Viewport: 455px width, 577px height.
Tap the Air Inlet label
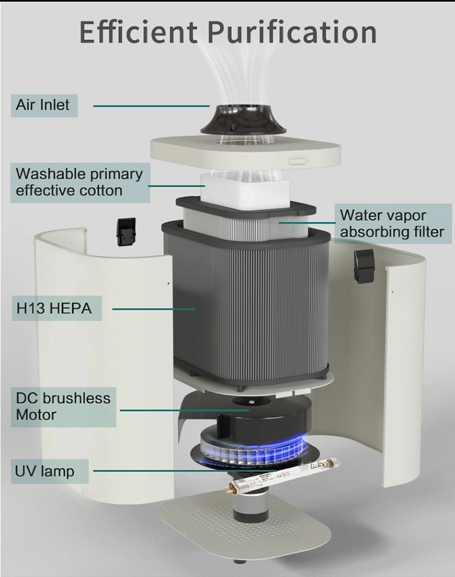pyautogui.click(x=42, y=105)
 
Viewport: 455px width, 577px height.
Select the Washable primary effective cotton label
pyautogui.click(x=79, y=182)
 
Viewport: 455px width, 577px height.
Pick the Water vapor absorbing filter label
pyautogui.click(x=391, y=223)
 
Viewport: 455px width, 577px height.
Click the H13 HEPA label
pyautogui.click(x=53, y=308)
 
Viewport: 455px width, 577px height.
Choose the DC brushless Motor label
pyautogui.click(x=63, y=407)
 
